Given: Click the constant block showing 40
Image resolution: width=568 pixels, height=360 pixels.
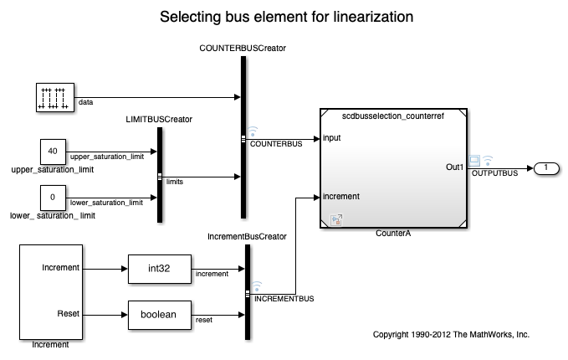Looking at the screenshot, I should click(53, 152).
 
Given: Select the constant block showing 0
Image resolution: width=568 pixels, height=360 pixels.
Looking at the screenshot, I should click(53, 198).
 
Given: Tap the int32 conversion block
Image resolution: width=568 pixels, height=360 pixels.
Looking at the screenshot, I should click(160, 269).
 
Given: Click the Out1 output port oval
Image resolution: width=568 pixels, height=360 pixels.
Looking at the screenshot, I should click(545, 168).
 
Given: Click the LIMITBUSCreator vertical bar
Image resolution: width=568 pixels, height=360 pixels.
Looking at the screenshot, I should click(159, 175).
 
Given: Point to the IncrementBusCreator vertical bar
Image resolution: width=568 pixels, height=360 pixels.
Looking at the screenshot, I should click(248, 291).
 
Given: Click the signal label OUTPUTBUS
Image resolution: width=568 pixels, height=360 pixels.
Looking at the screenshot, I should click(495, 173).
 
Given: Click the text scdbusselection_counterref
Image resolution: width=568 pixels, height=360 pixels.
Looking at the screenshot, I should click(393, 116).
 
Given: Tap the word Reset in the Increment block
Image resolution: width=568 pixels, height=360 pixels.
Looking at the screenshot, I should click(68, 313).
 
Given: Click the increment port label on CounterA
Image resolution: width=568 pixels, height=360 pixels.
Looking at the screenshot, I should click(341, 197).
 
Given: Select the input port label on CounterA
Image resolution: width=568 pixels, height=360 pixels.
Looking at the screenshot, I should click(331, 138).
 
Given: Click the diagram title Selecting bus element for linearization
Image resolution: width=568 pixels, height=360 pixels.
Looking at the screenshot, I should click(284, 17).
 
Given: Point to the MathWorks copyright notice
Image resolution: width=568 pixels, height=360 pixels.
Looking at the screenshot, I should click(451, 334).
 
